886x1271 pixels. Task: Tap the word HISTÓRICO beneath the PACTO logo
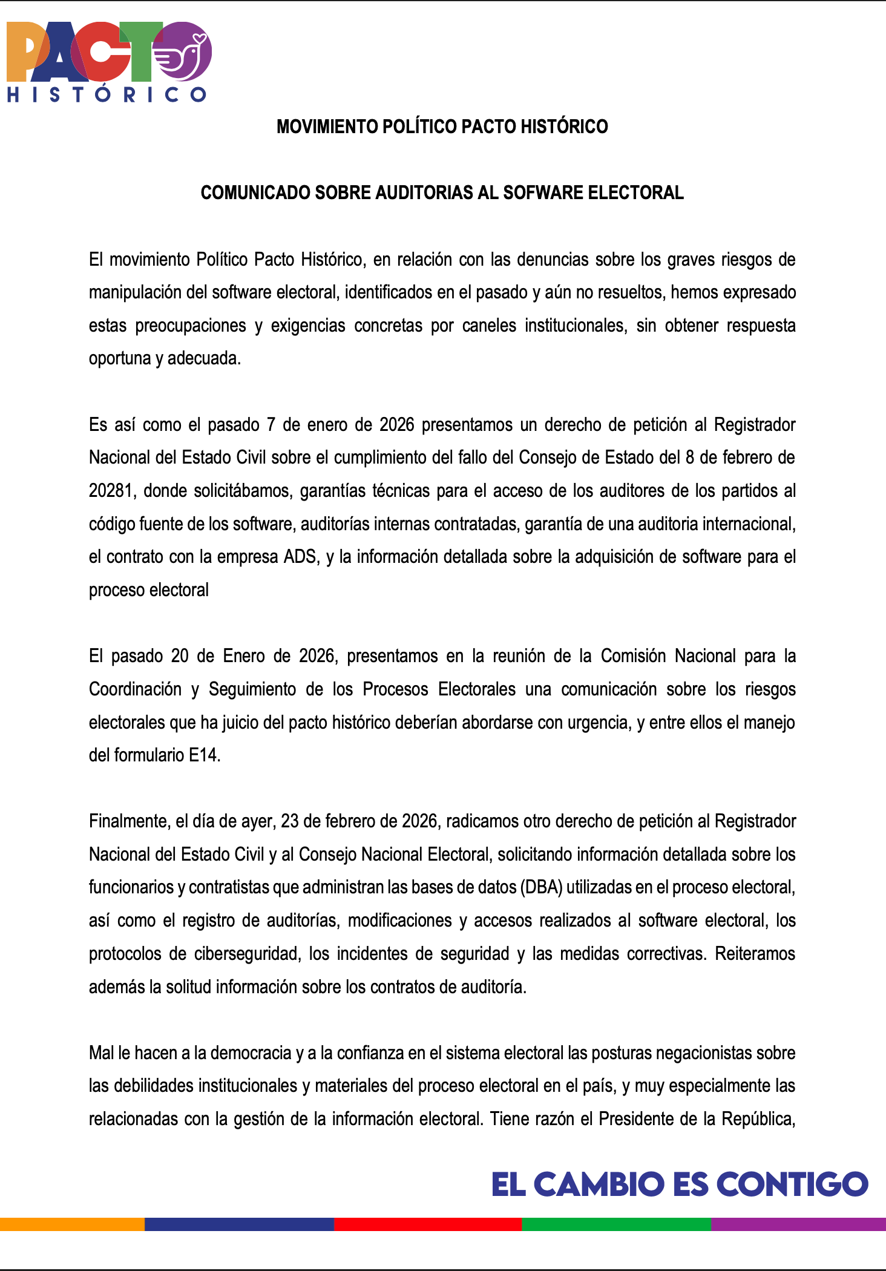(107, 94)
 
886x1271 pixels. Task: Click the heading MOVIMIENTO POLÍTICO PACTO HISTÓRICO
(442, 126)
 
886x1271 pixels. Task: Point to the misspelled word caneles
(489, 326)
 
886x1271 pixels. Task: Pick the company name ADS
(300, 557)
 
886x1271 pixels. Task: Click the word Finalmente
(130, 821)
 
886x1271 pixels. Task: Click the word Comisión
(633, 656)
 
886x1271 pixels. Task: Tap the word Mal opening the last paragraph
(101, 1053)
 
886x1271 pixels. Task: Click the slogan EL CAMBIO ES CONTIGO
(680, 1184)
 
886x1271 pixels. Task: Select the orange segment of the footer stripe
(72, 1224)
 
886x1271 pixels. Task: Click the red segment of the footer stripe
(427, 1224)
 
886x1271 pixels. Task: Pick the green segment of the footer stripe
(616, 1224)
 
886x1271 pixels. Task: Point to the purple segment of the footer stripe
(798, 1224)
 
